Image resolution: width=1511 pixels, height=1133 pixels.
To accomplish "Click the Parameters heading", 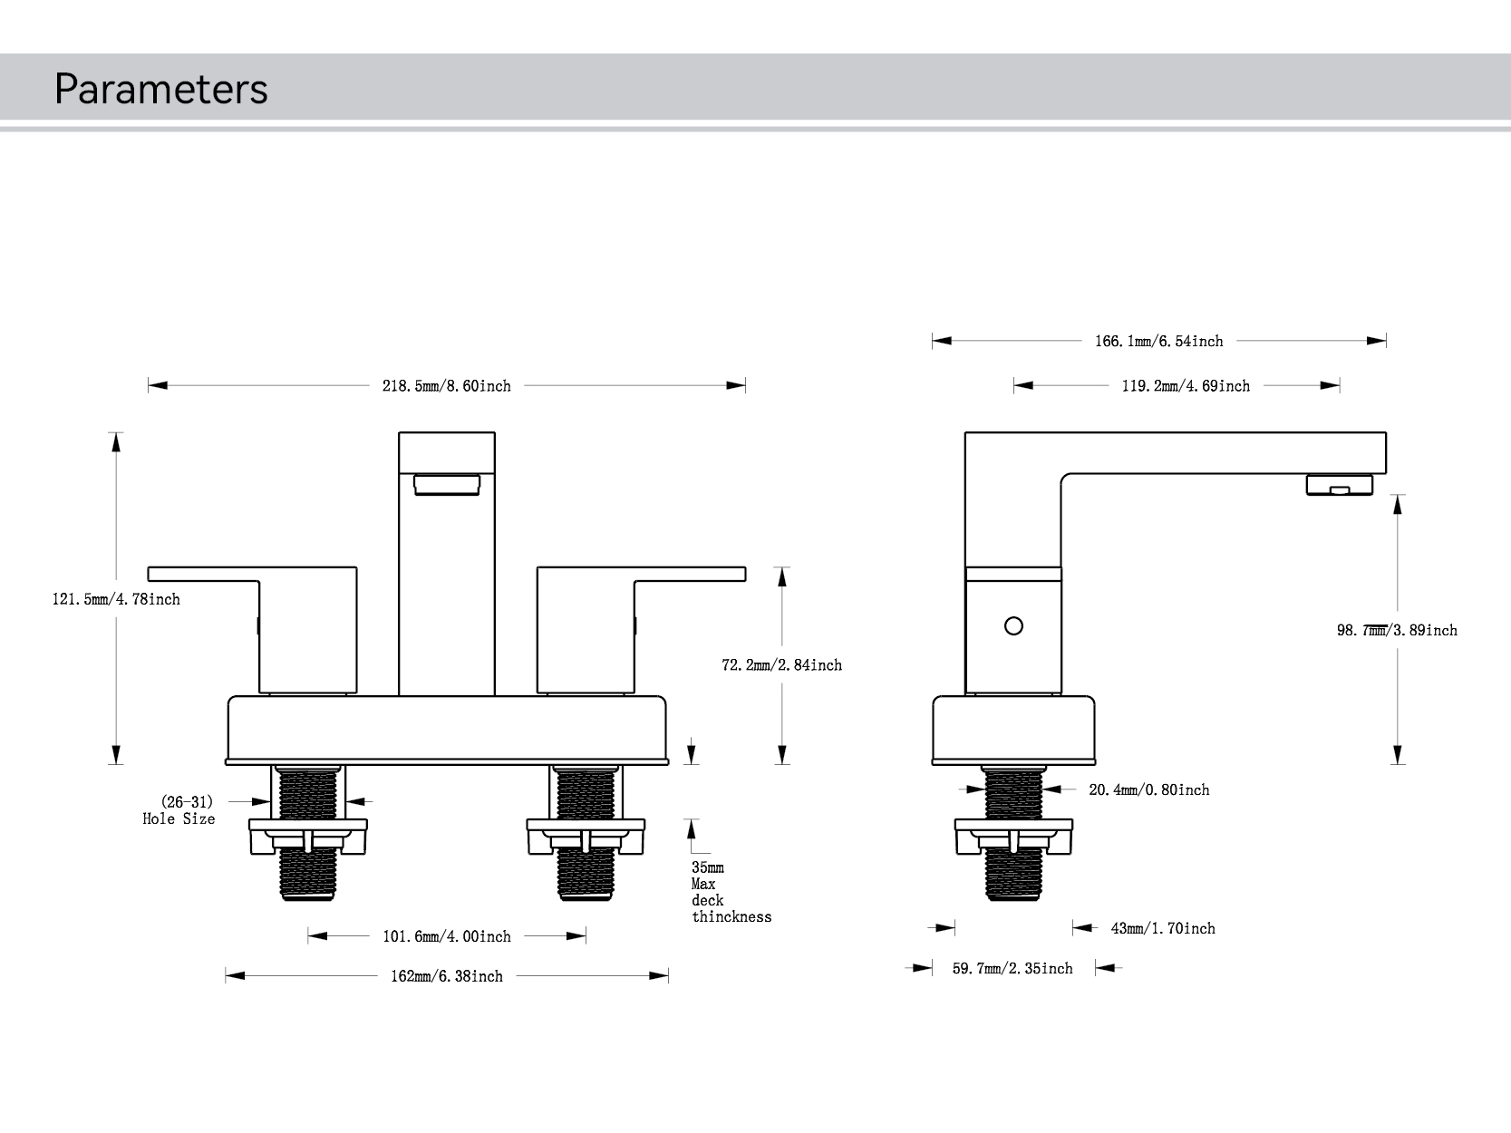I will coord(160,89).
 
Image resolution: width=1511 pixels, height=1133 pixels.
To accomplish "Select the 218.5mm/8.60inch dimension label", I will coord(446,386).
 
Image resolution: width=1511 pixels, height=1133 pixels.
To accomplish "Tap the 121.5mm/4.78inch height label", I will coord(116,599).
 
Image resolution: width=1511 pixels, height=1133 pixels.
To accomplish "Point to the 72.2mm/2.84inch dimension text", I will coord(781,665).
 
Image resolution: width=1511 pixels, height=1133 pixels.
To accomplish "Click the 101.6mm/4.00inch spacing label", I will coord(446,936).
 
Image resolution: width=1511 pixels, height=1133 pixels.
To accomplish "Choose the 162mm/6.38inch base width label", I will coord(446,976).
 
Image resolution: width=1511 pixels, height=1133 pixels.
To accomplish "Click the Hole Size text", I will coord(179,818).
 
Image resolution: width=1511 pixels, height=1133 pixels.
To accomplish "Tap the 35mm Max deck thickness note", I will coord(730,892).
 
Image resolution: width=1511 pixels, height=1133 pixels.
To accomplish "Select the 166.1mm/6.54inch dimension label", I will coord(1158,342).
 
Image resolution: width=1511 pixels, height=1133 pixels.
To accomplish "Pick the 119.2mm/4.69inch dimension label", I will coord(1186,386).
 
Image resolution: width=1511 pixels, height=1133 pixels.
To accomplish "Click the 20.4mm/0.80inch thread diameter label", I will coord(1148,790).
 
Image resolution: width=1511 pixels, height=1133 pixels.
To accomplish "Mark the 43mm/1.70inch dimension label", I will coord(1163,928).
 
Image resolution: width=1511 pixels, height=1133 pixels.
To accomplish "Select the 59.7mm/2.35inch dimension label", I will coord(1012,969).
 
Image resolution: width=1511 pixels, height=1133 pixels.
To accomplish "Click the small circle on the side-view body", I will coord(1014,626).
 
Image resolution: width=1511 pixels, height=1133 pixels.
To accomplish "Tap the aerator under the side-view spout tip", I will coord(1339,485).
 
